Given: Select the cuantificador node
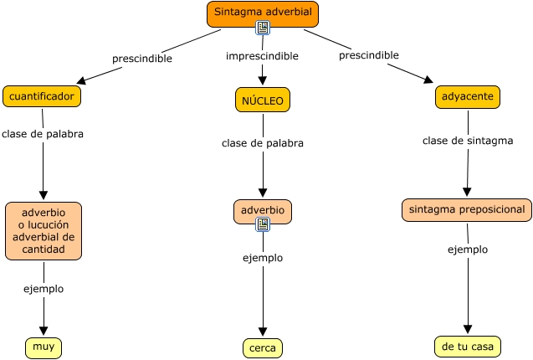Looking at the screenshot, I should tap(42, 96).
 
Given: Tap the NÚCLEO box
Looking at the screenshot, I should tap(262, 100).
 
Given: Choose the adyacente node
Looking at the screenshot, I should tap(467, 97).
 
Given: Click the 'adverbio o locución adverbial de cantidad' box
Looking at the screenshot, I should tap(44, 231).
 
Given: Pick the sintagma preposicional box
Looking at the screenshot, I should tap(466, 209).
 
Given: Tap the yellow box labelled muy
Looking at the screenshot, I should tap(44, 346).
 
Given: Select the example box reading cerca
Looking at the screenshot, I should tap(263, 347).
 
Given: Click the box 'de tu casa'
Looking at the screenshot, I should tap(467, 346).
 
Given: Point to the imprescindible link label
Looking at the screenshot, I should tap(262, 56).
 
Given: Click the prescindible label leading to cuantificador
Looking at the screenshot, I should tap(142, 59).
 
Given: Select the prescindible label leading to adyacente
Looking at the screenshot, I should tap(368, 55).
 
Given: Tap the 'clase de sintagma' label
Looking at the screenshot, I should tap(467, 141).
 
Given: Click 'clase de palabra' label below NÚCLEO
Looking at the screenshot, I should tap(262, 143).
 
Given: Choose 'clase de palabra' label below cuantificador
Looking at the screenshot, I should tap(43, 133).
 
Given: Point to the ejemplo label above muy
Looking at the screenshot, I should tap(44, 289).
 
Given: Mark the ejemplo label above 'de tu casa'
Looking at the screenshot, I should tap(467, 249).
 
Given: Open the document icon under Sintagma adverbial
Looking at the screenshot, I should tap(263, 28).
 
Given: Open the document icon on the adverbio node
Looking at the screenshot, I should tap(263, 224).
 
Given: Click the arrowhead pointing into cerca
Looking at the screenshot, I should tap(263, 332).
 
